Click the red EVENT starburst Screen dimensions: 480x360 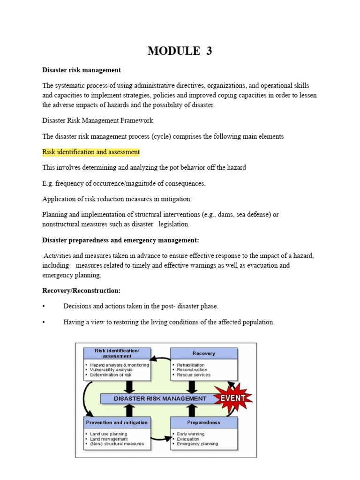[x=233, y=398]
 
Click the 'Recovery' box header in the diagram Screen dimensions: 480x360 [x=204, y=353]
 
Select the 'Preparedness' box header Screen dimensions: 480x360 [x=204, y=422]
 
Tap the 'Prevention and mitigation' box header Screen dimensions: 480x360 [x=117, y=422]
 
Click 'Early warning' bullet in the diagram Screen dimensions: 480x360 [x=190, y=434]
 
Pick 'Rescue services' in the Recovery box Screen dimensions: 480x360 [x=194, y=375]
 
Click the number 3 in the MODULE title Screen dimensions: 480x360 [x=209, y=51]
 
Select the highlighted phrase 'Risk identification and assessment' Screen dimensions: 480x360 [x=91, y=152]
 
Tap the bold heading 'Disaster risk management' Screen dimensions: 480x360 [x=82, y=70]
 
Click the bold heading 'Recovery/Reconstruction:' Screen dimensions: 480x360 [x=82, y=291]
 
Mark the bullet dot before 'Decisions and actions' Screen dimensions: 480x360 [x=44, y=306]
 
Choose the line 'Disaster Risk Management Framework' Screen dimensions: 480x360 [x=97, y=120]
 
